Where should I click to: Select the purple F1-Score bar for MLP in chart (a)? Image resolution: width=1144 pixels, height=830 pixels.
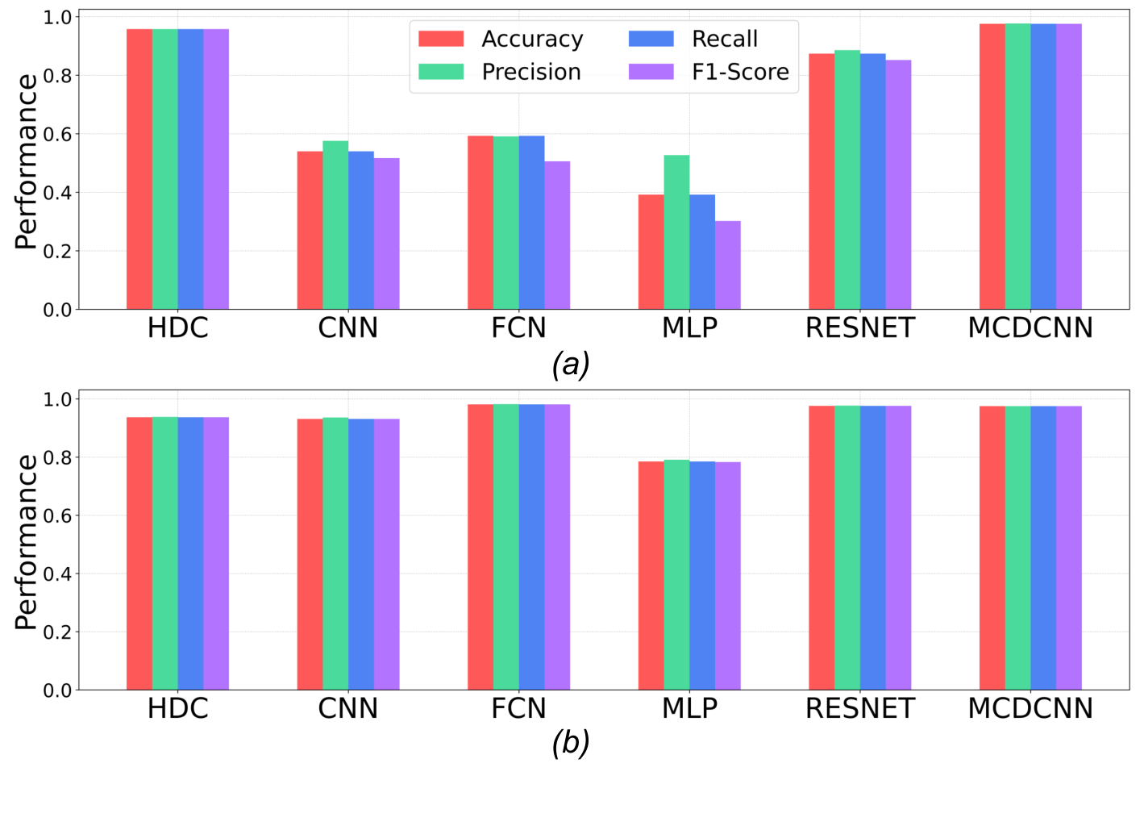(x=727, y=265)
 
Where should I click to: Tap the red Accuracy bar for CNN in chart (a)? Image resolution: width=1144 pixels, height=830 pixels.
(x=310, y=231)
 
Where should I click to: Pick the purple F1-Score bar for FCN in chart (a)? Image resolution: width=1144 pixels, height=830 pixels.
(x=557, y=236)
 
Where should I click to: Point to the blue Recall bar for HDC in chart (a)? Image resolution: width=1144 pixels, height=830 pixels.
(x=190, y=169)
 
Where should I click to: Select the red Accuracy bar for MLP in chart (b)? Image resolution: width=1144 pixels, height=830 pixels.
(x=651, y=576)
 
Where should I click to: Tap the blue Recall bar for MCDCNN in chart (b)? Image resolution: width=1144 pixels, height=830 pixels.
(x=1043, y=548)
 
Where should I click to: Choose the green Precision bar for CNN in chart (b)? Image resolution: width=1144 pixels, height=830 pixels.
(x=335, y=554)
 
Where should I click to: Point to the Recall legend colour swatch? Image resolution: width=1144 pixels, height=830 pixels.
(x=651, y=39)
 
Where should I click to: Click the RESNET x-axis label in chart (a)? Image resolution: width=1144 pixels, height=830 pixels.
(x=860, y=328)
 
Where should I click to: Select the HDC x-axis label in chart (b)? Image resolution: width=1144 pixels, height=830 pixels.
(x=177, y=708)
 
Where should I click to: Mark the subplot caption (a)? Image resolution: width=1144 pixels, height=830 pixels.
(x=571, y=365)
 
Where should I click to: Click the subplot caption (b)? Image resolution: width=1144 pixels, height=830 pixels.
(x=571, y=742)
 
